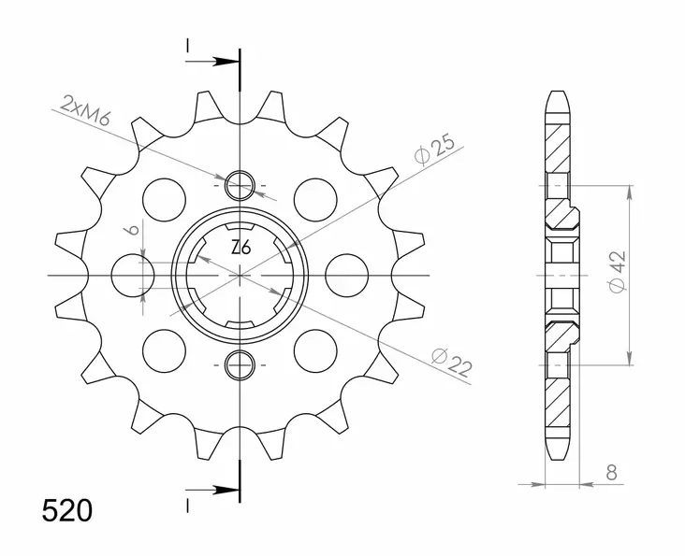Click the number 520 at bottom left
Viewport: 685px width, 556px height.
tap(66, 511)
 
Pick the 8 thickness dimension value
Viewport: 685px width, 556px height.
tap(610, 474)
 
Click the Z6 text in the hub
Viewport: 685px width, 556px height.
tap(240, 249)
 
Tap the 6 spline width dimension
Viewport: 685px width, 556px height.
tap(134, 231)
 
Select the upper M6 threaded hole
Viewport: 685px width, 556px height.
tap(240, 184)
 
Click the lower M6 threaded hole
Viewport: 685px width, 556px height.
tap(240, 364)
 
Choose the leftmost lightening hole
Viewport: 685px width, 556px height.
tap(132, 275)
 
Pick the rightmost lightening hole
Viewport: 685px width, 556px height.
tap(348, 275)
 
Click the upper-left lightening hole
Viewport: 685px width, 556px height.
tap(165, 198)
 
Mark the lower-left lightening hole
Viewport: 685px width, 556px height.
tap(165, 351)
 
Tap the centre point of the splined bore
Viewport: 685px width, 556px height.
tap(240, 275)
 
